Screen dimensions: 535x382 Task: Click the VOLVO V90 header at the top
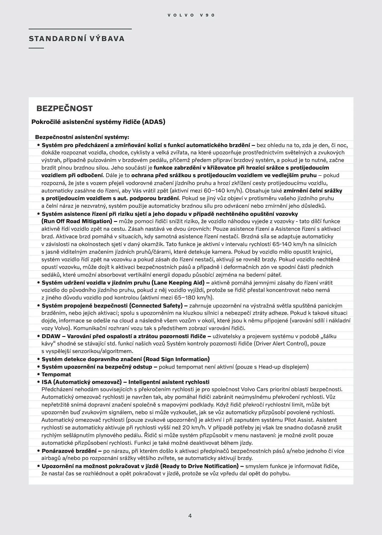191,15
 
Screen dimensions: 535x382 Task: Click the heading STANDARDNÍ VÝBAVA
77,39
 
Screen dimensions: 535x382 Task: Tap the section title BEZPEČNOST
64,109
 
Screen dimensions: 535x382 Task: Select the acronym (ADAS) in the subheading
153,122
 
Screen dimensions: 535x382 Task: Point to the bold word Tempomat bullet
56,374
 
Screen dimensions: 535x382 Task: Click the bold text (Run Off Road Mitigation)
76,221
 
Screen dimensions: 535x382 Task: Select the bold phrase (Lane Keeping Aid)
178,282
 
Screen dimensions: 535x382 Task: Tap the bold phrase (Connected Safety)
156,305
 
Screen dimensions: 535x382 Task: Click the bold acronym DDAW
51,336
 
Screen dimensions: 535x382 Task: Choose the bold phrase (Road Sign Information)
176,359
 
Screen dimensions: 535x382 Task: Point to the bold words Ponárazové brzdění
69,451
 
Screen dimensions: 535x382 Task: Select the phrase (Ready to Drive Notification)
199,466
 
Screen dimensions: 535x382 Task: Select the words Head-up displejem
283,367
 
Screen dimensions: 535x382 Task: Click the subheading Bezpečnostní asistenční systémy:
82,137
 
